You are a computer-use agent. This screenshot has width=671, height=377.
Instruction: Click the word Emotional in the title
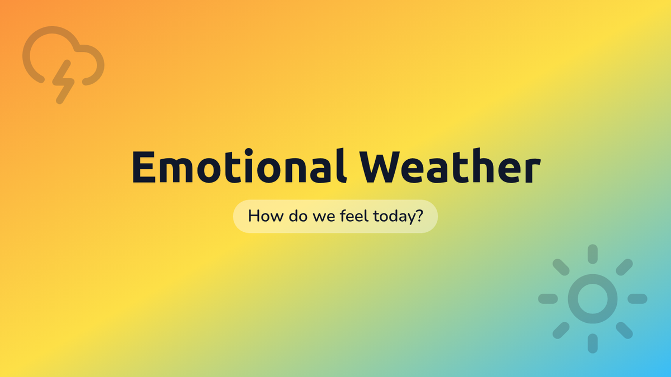pyautogui.click(x=240, y=166)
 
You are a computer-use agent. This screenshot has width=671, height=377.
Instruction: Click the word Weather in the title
pyautogui.click(x=450, y=166)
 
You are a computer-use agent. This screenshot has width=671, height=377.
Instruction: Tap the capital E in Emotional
pyautogui.click(x=144, y=166)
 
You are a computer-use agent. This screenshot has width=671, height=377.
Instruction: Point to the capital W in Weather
pyautogui.click(x=380, y=166)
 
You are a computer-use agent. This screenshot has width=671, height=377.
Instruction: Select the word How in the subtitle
pyautogui.click(x=266, y=216)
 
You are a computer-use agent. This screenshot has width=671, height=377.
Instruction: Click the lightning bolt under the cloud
pyautogui.click(x=63, y=82)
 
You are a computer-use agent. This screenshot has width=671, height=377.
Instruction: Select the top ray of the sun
pyautogui.click(x=593, y=254)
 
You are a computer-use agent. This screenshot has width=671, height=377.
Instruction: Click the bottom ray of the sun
pyautogui.click(x=593, y=343)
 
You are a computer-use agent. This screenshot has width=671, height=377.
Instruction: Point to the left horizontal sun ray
pyautogui.click(x=548, y=299)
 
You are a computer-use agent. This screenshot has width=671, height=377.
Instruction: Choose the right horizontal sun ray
pyautogui.click(x=637, y=299)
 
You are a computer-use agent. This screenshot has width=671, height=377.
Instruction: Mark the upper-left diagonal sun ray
pyautogui.click(x=561, y=267)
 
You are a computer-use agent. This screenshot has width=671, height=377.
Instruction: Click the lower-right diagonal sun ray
pyautogui.click(x=624, y=330)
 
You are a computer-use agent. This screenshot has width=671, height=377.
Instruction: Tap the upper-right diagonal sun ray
pyautogui.click(x=624, y=267)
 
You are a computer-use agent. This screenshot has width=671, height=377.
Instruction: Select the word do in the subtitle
pyautogui.click(x=298, y=216)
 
